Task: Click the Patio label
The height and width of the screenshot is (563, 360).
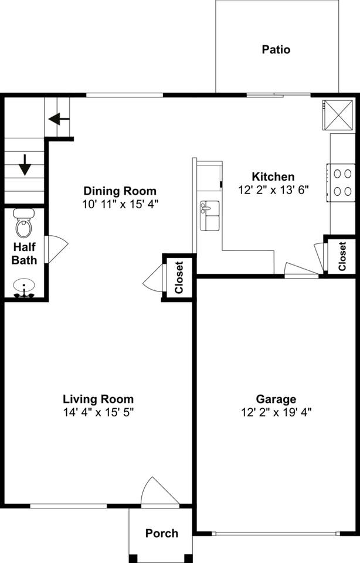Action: (276, 50)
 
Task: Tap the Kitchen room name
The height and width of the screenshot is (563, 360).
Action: (273, 177)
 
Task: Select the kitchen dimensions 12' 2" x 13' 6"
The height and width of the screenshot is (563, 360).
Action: (273, 189)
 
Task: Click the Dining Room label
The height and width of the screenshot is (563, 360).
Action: (120, 191)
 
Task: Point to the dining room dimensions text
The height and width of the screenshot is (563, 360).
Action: (120, 204)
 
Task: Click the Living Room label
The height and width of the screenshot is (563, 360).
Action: (99, 399)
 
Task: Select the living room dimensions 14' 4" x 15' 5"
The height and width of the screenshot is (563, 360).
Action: (99, 412)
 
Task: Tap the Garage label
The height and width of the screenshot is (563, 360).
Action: (276, 399)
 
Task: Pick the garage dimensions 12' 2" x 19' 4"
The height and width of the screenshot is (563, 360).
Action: (276, 412)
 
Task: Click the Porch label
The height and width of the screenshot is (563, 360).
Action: (162, 533)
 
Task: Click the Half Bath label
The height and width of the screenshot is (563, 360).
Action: (24, 253)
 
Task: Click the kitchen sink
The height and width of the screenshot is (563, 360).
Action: (209, 215)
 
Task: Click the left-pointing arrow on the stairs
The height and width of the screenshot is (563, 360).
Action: (59, 119)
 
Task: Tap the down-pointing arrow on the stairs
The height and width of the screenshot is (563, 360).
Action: (25, 165)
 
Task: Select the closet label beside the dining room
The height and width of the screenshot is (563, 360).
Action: (179, 277)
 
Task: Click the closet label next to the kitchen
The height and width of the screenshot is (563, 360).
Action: (342, 255)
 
